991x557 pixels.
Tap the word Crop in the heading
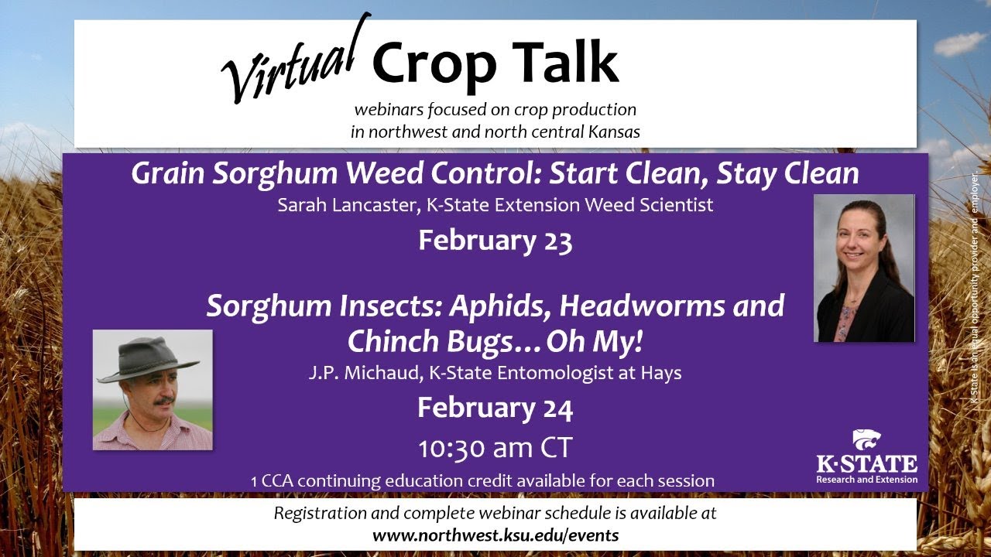pyautogui.click(x=434, y=63)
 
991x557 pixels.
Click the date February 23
pyautogui.click(x=495, y=241)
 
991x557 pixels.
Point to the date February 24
pyautogui.click(x=495, y=408)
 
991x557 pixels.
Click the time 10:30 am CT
pyautogui.click(x=495, y=449)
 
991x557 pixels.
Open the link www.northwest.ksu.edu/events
pyautogui.click(x=495, y=535)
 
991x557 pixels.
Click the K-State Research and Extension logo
pyautogui.click(x=866, y=457)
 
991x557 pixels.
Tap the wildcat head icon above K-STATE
pyautogui.click(x=866, y=440)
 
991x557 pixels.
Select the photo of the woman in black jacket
pyautogui.click(x=863, y=268)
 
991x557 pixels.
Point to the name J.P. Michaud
pyautogui.click(x=352, y=373)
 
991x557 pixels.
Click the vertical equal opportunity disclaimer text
pyautogui.click(x=974, y=286)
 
